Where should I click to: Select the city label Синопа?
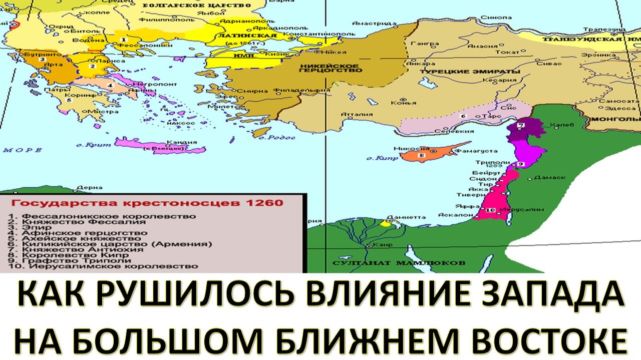point(491,17)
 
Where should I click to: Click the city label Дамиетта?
point(411,217)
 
